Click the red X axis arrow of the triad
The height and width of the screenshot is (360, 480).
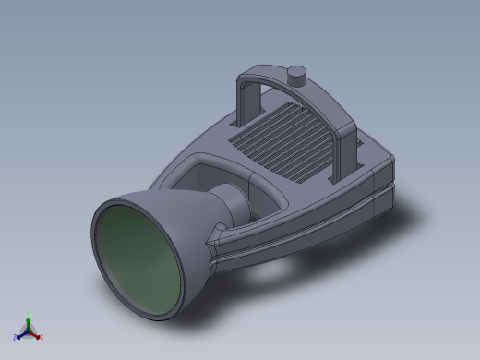click(36, 334)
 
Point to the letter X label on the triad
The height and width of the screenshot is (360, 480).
click(42, 338)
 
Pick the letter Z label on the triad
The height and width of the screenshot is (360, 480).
click(15, 337)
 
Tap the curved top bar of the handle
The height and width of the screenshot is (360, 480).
click(314, 88)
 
